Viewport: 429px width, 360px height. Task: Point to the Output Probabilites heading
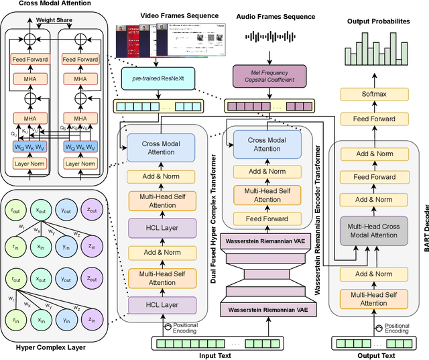pyautogui.click(x=378, y=21)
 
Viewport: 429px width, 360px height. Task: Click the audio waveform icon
pyautogui.click(x=267, y=37)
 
